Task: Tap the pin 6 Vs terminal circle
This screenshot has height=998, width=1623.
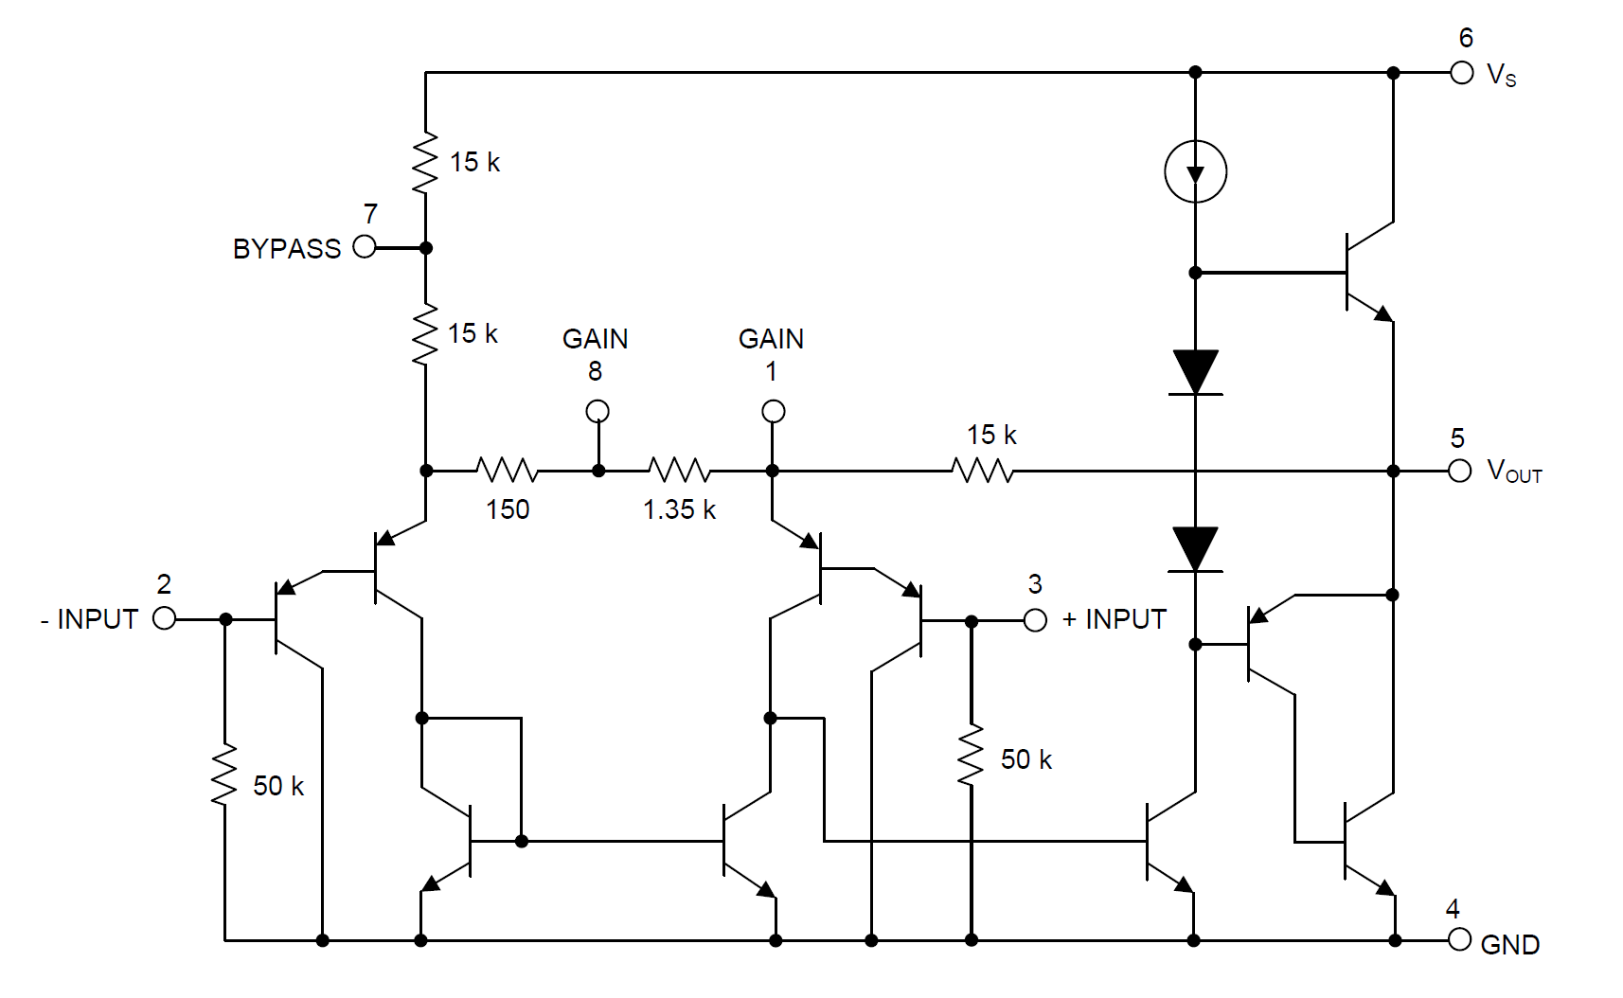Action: (x=1462, y=73)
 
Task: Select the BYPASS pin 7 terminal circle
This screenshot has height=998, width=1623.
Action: (x=365, y=247)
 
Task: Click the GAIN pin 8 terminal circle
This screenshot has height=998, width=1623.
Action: (x=597, y=412)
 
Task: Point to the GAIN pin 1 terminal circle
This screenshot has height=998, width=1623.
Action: (x=773, y=412)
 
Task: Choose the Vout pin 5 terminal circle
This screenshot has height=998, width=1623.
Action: (x=1460, y=472)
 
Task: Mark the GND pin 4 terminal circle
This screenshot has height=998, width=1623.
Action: (x=1460, y=940)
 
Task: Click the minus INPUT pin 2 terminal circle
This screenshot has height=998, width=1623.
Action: (x=165, y=619)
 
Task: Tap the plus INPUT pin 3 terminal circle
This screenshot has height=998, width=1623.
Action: (x=1035, y=620)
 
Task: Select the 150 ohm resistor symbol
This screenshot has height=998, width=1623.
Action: (x=508, y=471)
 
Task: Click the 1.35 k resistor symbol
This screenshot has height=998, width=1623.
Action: (x=679, y=471)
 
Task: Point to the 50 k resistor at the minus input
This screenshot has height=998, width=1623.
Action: (x=224, y=774)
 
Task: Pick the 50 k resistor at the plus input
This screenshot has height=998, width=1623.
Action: (x=971, y=755)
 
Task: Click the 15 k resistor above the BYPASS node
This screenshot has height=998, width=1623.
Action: (x=425, y=162)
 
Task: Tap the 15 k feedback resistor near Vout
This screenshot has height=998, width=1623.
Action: (x=983, y=471)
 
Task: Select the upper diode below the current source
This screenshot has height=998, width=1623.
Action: (x=1196, y=372)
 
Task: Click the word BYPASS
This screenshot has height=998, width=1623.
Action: (x=287, y=249)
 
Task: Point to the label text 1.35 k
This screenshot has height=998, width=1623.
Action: (x=680, y=509)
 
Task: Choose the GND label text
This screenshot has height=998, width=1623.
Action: (x=1510, y=945)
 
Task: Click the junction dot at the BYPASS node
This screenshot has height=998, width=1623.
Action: (x=426, y=248)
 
